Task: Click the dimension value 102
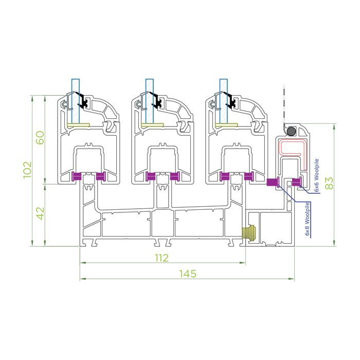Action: point(27,170)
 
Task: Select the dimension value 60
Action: point(40,137)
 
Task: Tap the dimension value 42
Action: point(40,213)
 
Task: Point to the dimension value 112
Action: point(161,258)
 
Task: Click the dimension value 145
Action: point(188,274)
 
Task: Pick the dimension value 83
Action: point(329,183)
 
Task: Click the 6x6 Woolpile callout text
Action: point(317,175)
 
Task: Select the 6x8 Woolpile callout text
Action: point(307,219)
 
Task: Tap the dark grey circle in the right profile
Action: point(292,131)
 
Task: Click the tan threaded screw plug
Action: point(249,233)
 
